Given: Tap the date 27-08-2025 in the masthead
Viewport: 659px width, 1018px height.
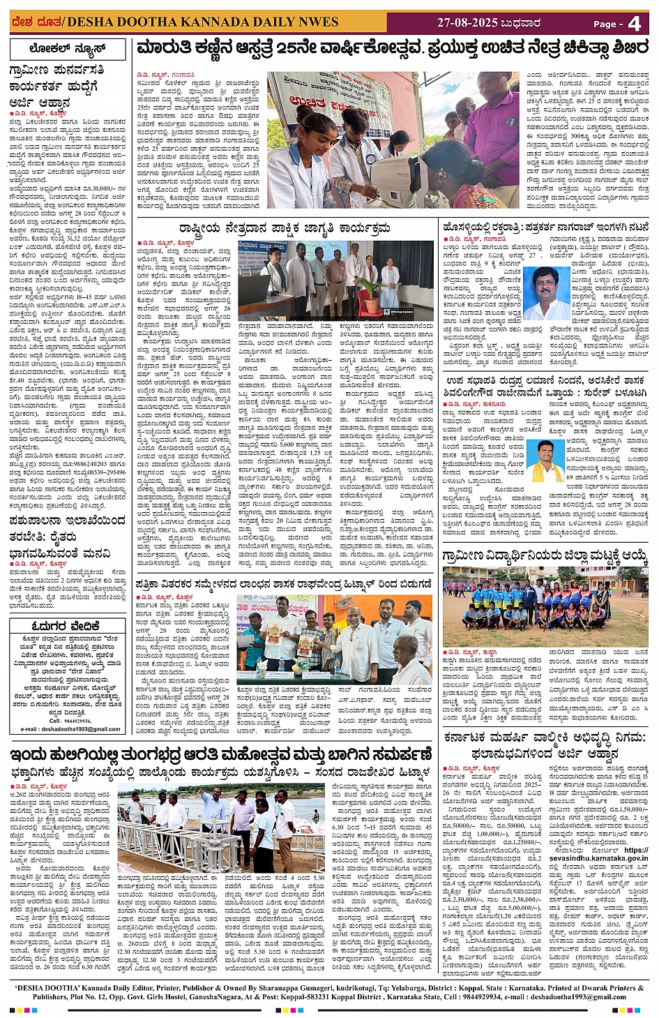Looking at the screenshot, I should [x=467, y=23].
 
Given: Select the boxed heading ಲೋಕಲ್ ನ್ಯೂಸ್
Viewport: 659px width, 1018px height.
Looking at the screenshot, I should [x=68, y=49].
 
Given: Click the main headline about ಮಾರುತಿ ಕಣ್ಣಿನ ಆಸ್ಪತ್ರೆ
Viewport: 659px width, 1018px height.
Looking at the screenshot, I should [x=392, y=49].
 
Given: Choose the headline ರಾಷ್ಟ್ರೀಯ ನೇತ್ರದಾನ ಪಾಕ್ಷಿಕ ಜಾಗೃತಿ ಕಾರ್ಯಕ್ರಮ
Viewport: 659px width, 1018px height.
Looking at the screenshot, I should [x=284, y=229].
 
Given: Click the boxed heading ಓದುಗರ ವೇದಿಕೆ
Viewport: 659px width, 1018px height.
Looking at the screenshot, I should [x=68, y=626].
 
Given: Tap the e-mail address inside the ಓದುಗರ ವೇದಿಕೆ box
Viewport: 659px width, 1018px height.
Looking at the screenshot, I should [x=70, y=728].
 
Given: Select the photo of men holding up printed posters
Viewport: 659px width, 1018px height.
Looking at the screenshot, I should [x=335, y=638].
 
